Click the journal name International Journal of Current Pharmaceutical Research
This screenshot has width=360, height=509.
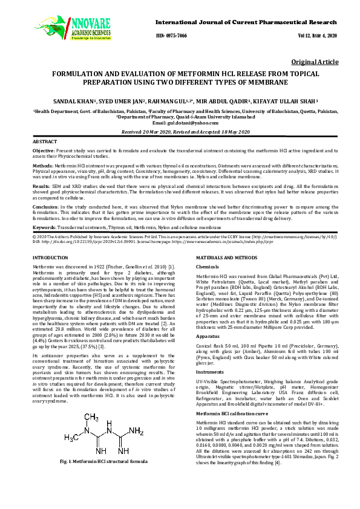[x=246, y=22]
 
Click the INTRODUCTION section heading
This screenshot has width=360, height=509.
[x=50, y=258]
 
